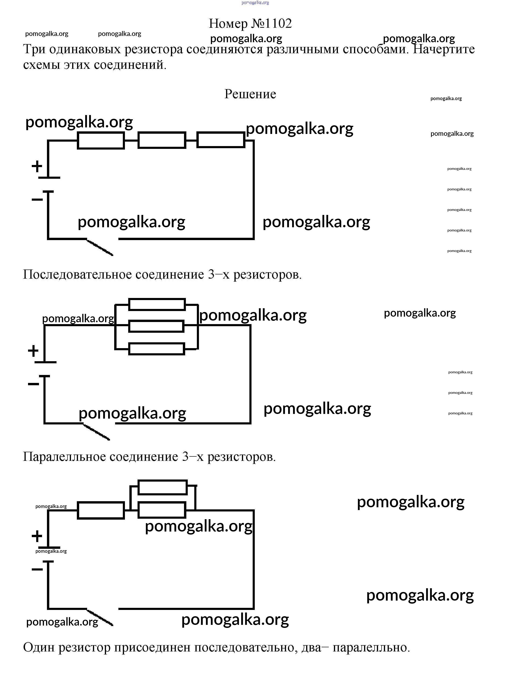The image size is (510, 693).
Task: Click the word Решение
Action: coord(250,94)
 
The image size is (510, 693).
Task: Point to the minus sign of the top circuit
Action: coord(37,199)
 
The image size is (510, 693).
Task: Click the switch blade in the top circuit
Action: coord(100,247)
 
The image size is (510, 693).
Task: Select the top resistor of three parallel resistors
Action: coord(157,304)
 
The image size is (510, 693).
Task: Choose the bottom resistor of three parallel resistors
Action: coord(156,349)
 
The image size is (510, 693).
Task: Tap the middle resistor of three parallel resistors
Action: coord(156,326)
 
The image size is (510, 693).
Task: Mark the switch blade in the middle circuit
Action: coord(96,432)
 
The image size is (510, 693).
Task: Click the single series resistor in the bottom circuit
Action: coord(101,511)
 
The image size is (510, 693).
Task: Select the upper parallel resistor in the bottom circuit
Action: coord(162,487)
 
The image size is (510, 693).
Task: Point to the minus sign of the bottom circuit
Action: coord(37,569)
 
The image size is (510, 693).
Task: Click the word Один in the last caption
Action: coord(39,647)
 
